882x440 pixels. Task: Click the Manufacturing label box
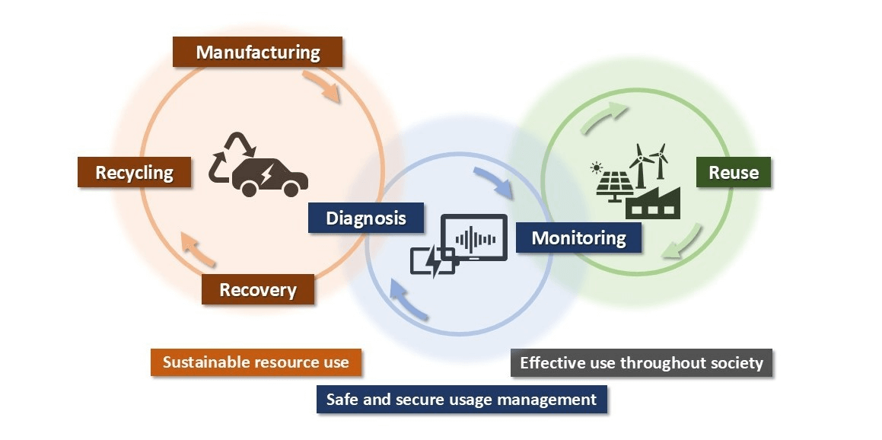coord(258,53)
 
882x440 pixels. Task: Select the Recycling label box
coord(134,173)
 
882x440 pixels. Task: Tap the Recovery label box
coord(257,290)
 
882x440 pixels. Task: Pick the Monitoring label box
coord(578,238)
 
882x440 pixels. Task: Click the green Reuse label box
coord(733,173)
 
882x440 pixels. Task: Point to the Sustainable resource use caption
coord(256,362)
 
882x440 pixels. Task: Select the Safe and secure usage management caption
coord(461,400)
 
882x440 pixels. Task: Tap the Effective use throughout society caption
coord(641,363)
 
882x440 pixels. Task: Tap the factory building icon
coord(653,202)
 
